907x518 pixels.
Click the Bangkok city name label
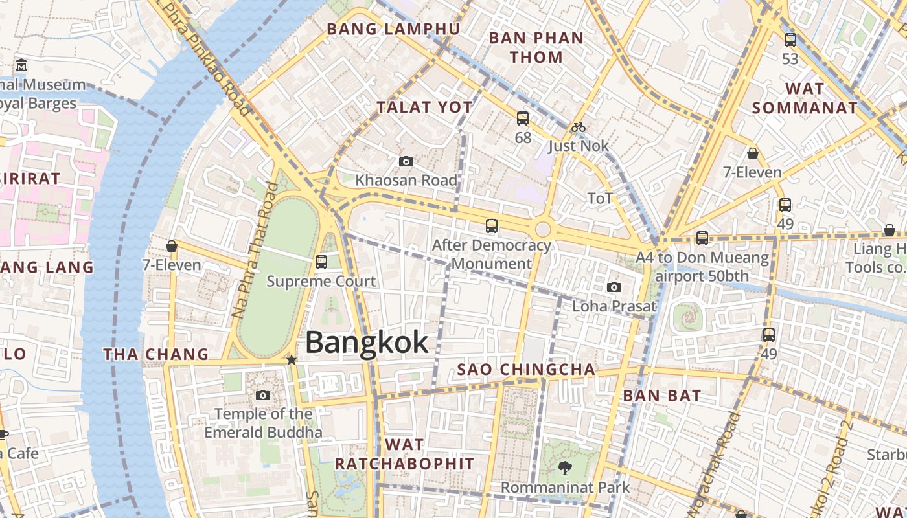tap(367, 343)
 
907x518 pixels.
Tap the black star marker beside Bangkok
tap(292, 359)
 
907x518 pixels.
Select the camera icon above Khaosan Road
tap(406, 161)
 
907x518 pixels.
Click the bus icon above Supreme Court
tap(321, 262)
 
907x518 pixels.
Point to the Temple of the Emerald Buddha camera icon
tap(263, 395)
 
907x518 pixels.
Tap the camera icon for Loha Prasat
tap(614, 287)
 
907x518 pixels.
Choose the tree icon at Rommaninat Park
tap(564, 467)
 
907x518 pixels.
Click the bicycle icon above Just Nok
tap(579, 128)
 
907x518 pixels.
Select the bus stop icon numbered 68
tap(523, 118)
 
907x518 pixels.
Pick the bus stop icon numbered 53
tap(790, 40)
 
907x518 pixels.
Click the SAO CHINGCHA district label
tap(526, 370)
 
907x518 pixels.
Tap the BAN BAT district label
tap(662, 395)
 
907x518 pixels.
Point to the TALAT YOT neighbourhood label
tap(424, 107)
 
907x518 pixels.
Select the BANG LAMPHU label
tap(393, 29)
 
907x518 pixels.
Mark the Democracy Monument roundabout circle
tap(543, 229)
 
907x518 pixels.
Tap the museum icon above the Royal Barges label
tap(22, 65)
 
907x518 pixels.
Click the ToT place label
tap(600, 198)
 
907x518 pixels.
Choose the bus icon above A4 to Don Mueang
tap(702, 238)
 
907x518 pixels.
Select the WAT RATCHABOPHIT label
tap(404, 454)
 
